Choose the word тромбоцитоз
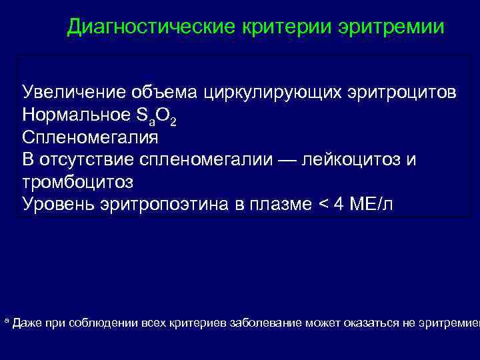77,181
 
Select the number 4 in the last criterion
337,204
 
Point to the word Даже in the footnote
27,323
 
